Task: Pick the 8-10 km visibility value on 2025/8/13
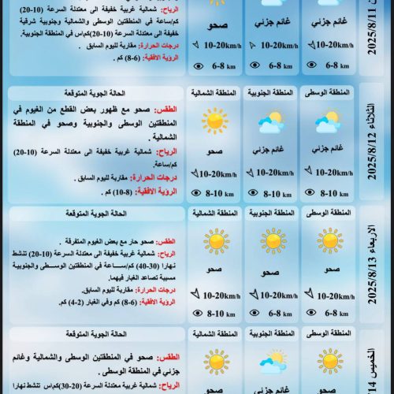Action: pyautogui.click(x=217, y=314)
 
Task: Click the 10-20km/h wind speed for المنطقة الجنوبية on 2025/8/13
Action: pyautogui.click(x=274, y=295)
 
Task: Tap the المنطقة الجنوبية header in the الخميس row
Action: pyautogui.click(x=269, y=334)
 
